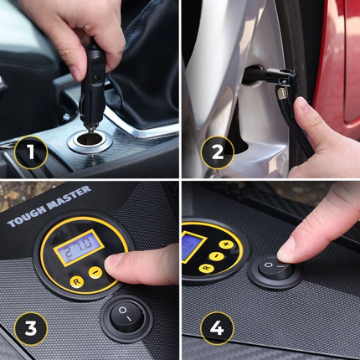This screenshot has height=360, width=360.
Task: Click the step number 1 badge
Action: pyautogui.click(x=29, y=153)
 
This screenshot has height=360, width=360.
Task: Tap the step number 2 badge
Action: pyautogui.click(x=216, y=152)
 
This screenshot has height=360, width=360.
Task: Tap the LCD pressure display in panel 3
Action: pyautogui.click(x=75, y=251)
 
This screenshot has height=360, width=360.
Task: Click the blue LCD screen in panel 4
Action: pyautogui.click(x=193, y=247)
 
